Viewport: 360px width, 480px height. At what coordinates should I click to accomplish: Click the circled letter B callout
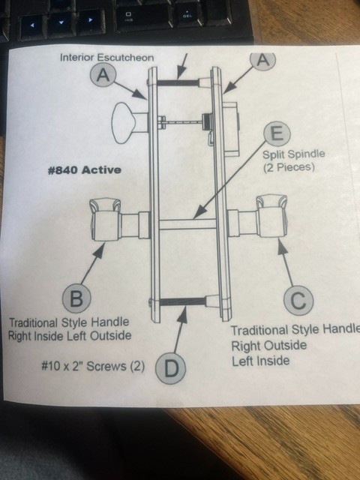(76, 298)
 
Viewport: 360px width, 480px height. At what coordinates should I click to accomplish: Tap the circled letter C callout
(298, 301)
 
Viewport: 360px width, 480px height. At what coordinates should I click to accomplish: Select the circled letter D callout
(171, 368)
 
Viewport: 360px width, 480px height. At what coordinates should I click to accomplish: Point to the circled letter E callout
(277, 133)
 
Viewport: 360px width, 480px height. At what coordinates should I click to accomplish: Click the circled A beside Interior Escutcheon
(103, 74)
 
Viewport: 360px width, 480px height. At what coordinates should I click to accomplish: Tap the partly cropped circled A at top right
(263, 61)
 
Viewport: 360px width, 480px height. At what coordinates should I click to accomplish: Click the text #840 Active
(85, 170)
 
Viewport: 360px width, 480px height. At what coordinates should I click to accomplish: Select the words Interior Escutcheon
(106, 57)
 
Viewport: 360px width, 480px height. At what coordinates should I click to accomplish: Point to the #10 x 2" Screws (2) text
(93, 366)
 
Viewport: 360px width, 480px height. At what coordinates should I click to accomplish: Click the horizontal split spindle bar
(187, 223)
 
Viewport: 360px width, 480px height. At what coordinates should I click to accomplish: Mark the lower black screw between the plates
(183, 301)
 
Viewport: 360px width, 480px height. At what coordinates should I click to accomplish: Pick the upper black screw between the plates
(178, 82)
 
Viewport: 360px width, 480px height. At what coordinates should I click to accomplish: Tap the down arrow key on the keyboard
(61, 23)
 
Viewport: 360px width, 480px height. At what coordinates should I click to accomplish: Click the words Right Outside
(268, 346)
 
